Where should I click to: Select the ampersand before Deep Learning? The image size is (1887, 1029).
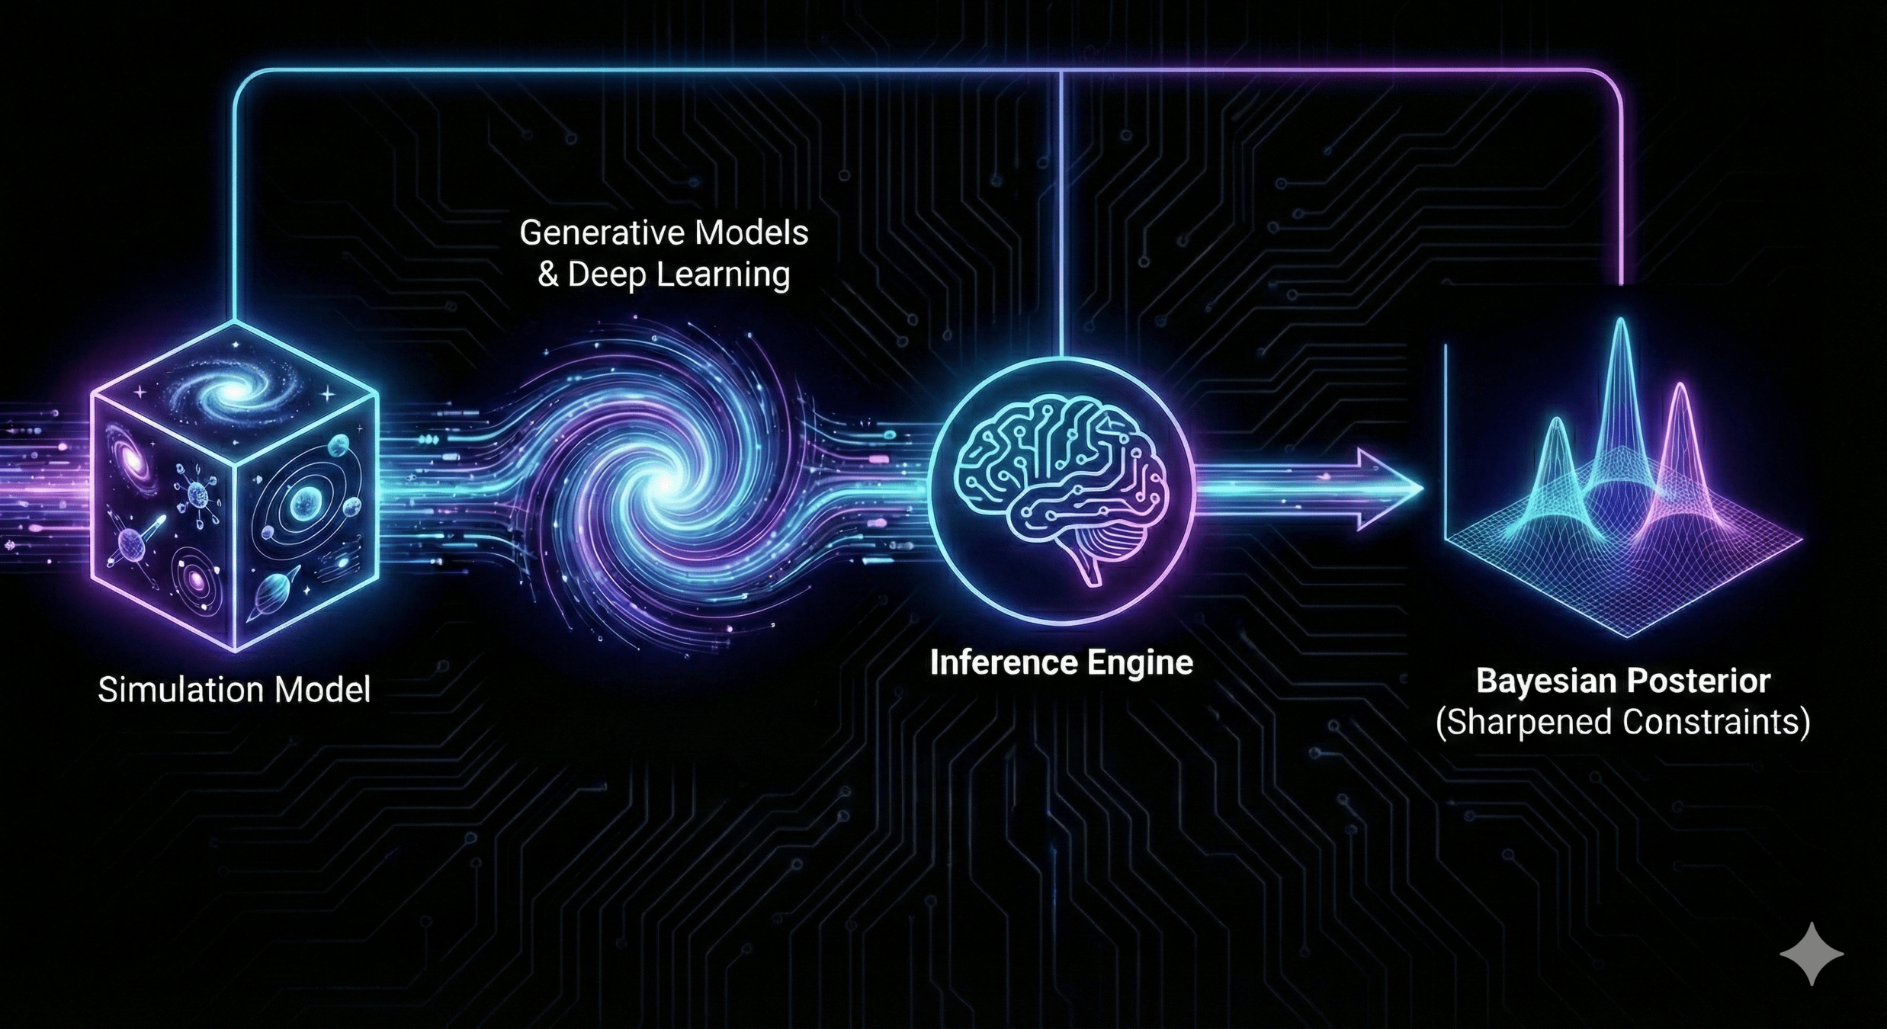(547, 274)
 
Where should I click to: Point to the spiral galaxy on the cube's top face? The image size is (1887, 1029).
(232, 391)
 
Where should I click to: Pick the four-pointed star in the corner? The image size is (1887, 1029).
(1812, 954)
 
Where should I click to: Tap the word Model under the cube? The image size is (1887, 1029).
(322, 690)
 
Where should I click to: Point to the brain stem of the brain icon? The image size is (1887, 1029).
(1092, 568)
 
